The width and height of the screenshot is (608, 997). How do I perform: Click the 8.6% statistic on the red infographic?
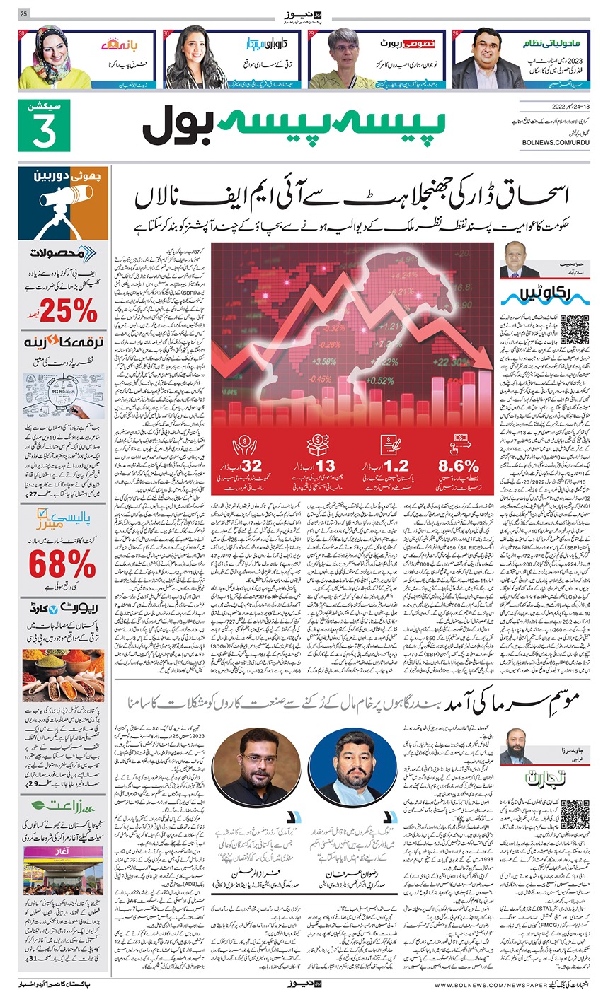pyautogui.click(x=459, y=465)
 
